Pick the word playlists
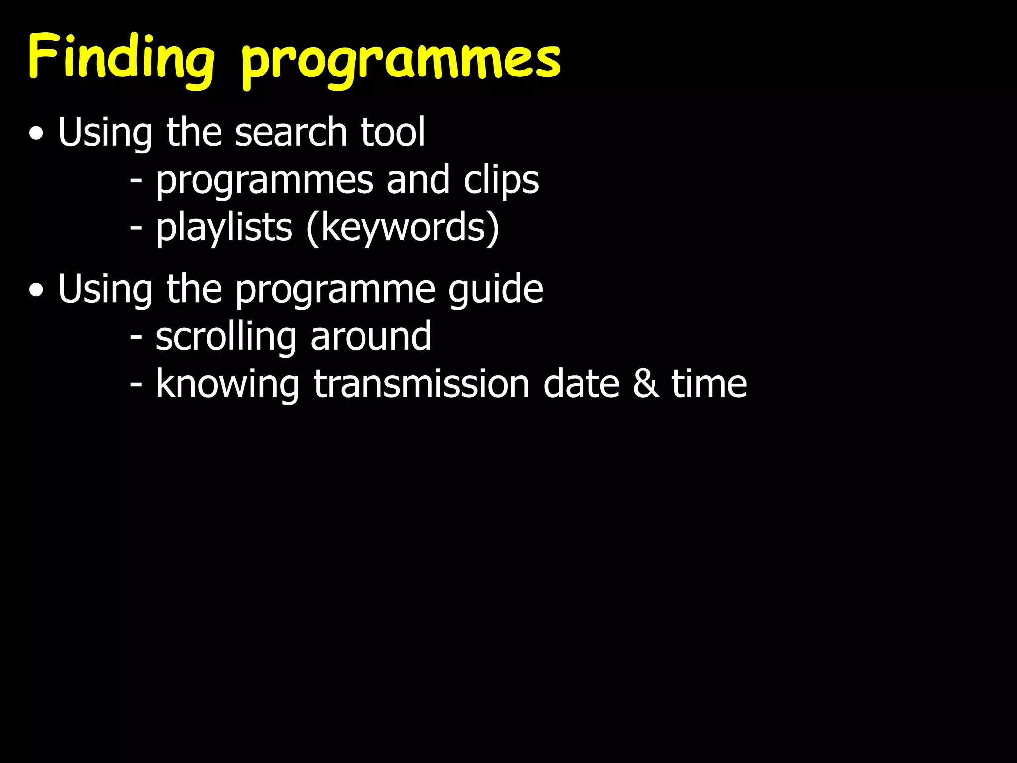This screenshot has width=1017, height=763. coord(224,229)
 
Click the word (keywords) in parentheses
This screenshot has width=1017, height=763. coord(403,229)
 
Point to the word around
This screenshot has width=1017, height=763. coord(370,337)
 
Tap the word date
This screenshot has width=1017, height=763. coord(581,384)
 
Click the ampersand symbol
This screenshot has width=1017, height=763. coord(646,384)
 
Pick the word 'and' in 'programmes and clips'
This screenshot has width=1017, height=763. coord(418,180)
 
